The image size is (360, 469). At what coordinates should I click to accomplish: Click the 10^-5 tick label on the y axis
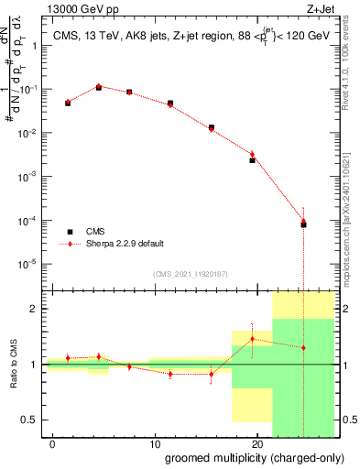[32, 263]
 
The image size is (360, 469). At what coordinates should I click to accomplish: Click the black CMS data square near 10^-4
[303, 224]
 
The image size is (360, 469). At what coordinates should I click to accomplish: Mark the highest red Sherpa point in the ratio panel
[253, 339]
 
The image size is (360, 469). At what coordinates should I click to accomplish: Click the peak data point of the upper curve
[99, 87]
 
